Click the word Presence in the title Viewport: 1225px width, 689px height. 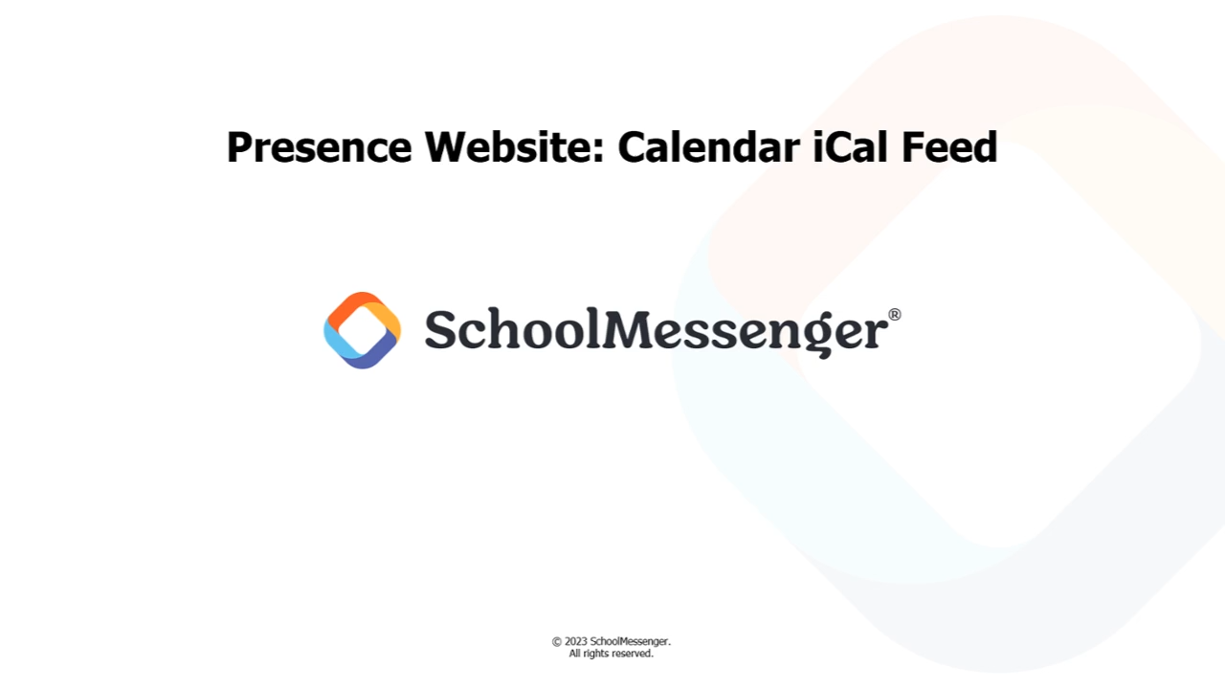pyautogui.click(x=320, y=147)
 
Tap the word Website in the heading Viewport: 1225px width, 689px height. pyautogui.click(x=508, y=146)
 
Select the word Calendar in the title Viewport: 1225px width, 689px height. pyautogui.click(x=709, y=146)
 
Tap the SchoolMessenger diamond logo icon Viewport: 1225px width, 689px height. pyautogui.click(x=362, y=330)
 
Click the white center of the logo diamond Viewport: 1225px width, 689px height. pyautogui.click(x=362, y=330)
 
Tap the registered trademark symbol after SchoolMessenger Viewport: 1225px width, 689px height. pyautogui.click(x=894, y=315)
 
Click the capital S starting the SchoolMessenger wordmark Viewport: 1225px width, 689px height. pyautogui.click(x=440, y=328)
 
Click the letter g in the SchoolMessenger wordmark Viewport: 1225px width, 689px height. pyautogui.click(x=826, y=335)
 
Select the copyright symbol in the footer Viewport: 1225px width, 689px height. pyautogui.click(x=557, y=642)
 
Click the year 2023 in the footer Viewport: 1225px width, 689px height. pyautogui.click(x=576, y=641)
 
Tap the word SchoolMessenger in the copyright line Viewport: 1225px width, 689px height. pyautogui.click(x=630, y=642)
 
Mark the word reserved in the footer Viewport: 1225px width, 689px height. pyautogui.click(x=633, y=654)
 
